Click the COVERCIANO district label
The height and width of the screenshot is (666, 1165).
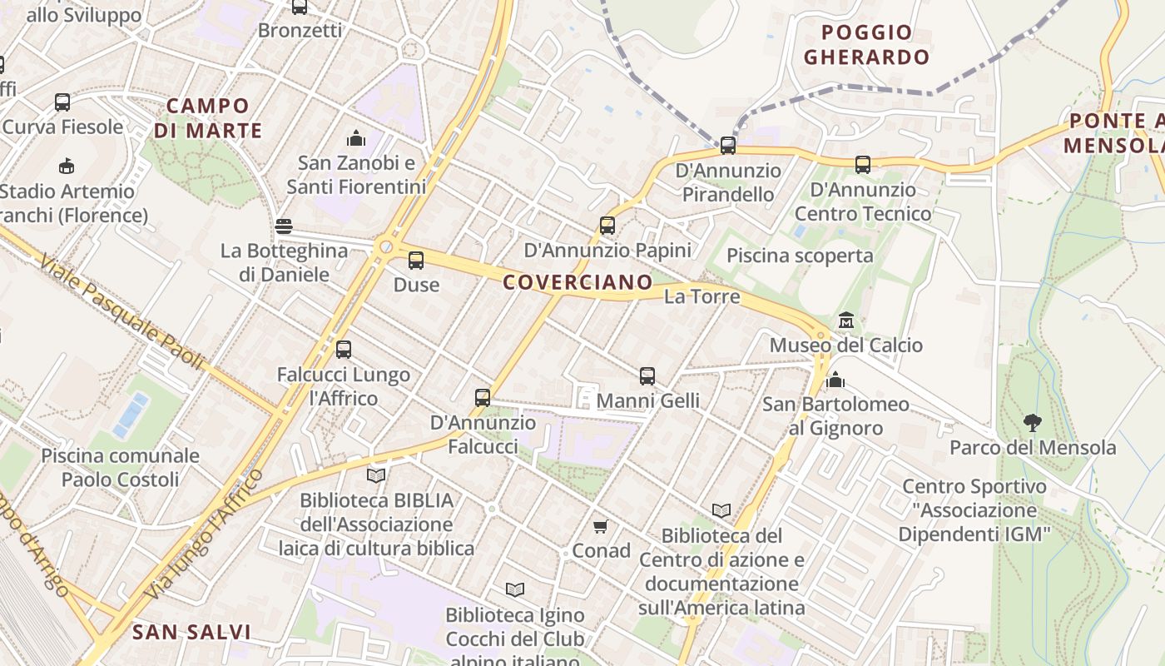coord(578,282)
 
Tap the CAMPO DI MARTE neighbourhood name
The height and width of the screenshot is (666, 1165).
coord(208,118)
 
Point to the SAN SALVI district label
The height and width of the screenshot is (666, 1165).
coord(191,632)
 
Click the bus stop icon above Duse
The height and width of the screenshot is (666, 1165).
coord(416,261)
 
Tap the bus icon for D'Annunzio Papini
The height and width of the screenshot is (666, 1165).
coord(607,226)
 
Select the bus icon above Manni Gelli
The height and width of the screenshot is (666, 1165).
coord(647,376)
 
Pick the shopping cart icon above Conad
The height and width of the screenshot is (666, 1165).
coord(601,526)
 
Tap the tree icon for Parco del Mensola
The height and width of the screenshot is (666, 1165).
coord(1033,423)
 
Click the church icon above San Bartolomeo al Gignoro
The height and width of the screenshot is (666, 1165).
coord(835,380)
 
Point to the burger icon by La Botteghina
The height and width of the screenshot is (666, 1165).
coord(284,226)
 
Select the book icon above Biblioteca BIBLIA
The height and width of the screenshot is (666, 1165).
coord(376,475)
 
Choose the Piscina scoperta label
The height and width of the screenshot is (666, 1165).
coord(800,256)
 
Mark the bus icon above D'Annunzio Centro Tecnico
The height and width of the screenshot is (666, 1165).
coord(863,165)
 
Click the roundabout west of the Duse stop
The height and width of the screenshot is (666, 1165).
coord(385,247)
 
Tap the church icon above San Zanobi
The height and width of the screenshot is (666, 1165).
coord(356,137)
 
